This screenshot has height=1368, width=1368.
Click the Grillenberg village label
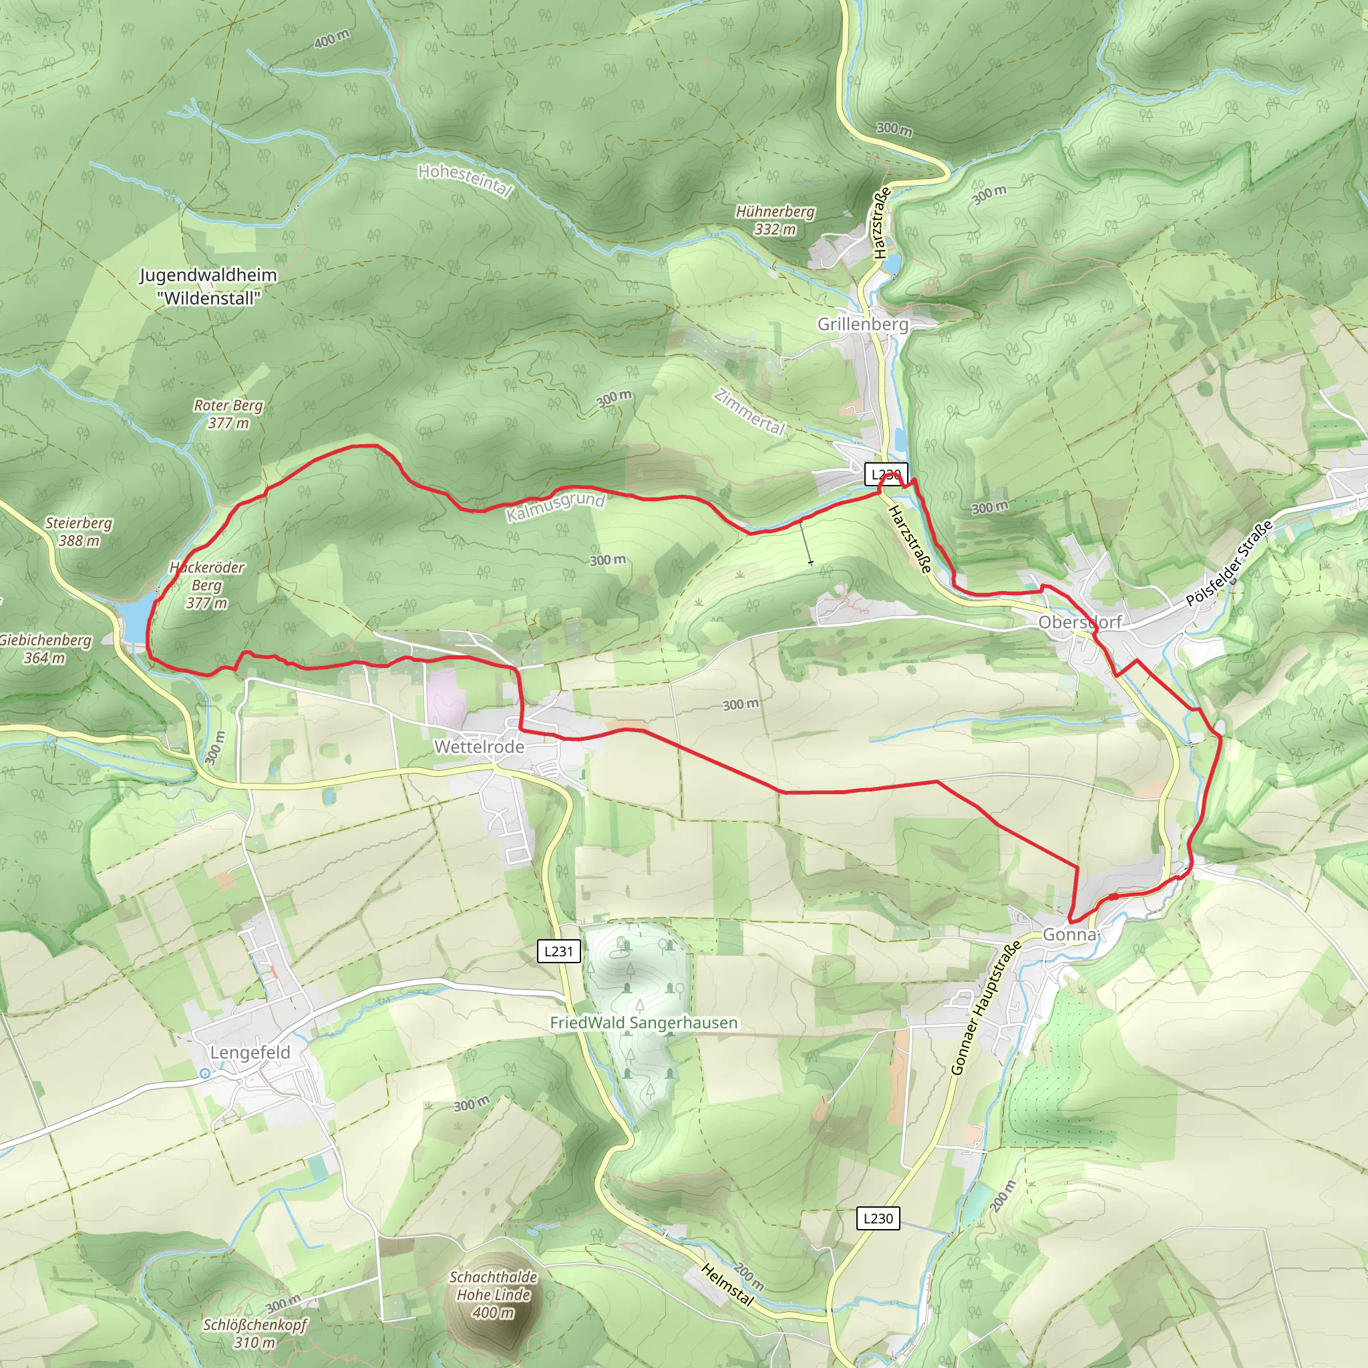tap(862, 324)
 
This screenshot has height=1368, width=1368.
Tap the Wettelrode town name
tap(480, 746)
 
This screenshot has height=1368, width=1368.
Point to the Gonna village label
tap(1070, 934)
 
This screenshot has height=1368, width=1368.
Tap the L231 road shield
tap(558, 951)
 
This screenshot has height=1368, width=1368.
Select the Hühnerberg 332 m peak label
tap(775, 220)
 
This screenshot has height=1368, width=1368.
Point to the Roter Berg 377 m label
tap(228, 414)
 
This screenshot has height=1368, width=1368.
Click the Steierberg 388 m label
tap(79, 532)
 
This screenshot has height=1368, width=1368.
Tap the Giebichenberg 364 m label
tap(45, 649)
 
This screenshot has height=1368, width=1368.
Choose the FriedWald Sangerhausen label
tap(644, 1023)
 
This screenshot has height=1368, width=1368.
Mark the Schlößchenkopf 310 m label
tap(255, 1333)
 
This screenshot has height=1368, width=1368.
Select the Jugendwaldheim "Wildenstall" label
tap(208, 286)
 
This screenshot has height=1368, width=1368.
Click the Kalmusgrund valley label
tap(556, 507)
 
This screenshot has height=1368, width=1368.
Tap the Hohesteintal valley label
tap(464, 181)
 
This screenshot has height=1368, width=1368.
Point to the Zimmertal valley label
tap(750, 412)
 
